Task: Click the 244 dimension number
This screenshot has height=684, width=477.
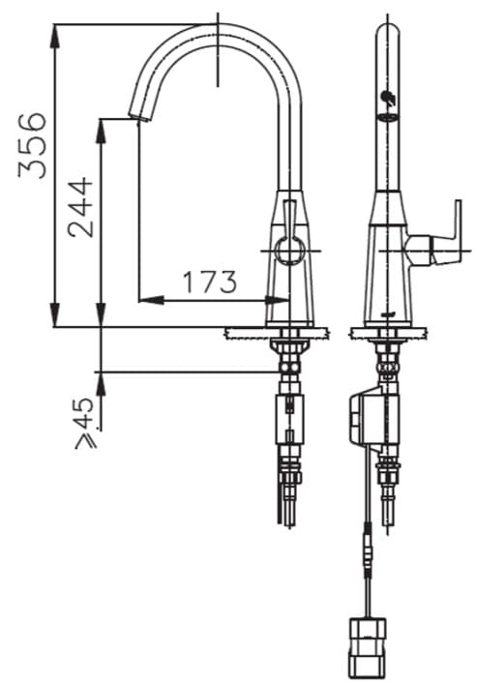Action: coord(81,206)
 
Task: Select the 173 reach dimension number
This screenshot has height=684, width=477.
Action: coord(210,283)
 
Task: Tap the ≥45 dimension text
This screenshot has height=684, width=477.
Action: coord(86,423)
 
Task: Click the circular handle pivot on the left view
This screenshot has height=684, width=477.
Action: coord(288,250)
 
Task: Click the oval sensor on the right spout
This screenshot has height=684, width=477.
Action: coord(387,118)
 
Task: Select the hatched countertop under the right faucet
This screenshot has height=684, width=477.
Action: coord(388,333)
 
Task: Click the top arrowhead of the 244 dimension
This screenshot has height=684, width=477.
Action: coord(101,122)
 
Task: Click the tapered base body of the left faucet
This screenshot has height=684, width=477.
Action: coord(289,271)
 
